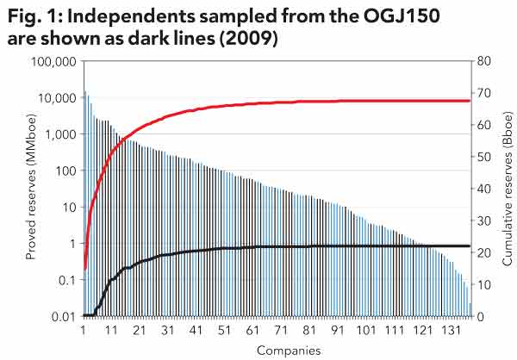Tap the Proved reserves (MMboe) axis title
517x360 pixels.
pos(31,189)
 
